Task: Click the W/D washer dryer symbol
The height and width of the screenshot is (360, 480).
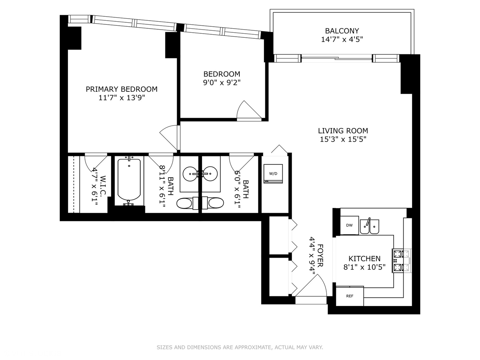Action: [273, 174]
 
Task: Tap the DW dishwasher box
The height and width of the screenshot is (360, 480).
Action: [349, 225]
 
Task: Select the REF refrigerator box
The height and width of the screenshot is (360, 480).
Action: [349, 296]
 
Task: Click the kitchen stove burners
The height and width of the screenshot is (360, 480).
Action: [401, 261]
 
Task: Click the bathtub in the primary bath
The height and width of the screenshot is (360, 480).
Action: [129, 180]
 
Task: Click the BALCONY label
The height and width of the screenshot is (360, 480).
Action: [342, 31]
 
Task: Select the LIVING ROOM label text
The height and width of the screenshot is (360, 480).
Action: [343, 131]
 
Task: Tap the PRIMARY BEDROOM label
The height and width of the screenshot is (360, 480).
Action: [121, 89]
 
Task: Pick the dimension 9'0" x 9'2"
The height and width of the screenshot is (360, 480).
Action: [222, 82]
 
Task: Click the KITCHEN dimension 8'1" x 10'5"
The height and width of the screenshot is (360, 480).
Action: [364, 267]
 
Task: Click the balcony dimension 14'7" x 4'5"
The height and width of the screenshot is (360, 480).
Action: [342, 39]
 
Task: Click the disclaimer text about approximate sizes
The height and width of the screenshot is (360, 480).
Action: [240, 347]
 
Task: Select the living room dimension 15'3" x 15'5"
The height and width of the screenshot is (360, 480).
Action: [343, 139]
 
